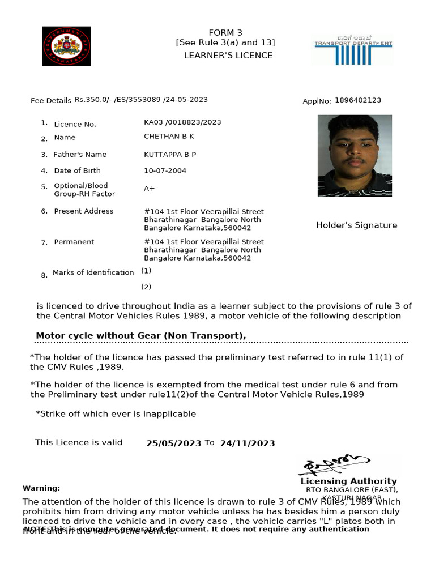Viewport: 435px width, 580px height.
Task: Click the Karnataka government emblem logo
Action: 66,45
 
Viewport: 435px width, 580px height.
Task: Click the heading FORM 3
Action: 225,32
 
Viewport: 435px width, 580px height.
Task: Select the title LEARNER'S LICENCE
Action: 228,55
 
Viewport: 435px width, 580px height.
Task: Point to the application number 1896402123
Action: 357,100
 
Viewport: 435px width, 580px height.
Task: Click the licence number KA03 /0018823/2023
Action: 182,122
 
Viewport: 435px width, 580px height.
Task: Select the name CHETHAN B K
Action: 169,137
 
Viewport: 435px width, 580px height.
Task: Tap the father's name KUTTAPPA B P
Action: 170,154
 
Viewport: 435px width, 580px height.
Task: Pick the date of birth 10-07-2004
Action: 165,170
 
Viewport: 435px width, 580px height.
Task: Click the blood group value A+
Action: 149,188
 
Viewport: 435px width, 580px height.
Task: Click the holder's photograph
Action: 355,155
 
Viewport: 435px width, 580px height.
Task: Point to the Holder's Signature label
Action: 356,225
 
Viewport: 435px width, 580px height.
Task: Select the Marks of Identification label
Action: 93,272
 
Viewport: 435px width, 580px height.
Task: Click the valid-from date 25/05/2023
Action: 173,443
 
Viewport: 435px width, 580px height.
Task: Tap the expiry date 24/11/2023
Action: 247,443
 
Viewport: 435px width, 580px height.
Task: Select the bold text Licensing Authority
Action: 348,481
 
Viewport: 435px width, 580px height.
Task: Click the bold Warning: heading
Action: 41,488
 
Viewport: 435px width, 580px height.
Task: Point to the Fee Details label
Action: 51,101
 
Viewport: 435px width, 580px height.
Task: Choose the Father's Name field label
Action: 80,154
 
